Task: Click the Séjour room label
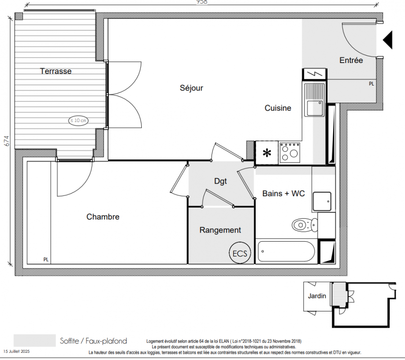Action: point(191,88)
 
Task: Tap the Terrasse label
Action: point(56,71)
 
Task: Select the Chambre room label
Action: point(103,216)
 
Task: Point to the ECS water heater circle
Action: point(240,252)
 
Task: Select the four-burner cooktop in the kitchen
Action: point(290,153)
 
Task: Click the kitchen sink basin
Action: point(315,108)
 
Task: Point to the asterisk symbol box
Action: point(267,153)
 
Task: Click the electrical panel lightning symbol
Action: point(315,74)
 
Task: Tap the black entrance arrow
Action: point(388,40)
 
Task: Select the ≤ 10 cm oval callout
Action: point(78,120)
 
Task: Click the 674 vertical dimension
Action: point(7,141)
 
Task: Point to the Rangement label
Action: point(220,230)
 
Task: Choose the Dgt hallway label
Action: point(220,181)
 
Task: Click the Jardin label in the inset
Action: point(317,296)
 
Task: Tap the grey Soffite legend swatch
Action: point(35,340)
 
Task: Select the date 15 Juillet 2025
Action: point(17,351)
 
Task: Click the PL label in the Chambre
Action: point(46,260)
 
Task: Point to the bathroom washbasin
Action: point(322,202)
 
